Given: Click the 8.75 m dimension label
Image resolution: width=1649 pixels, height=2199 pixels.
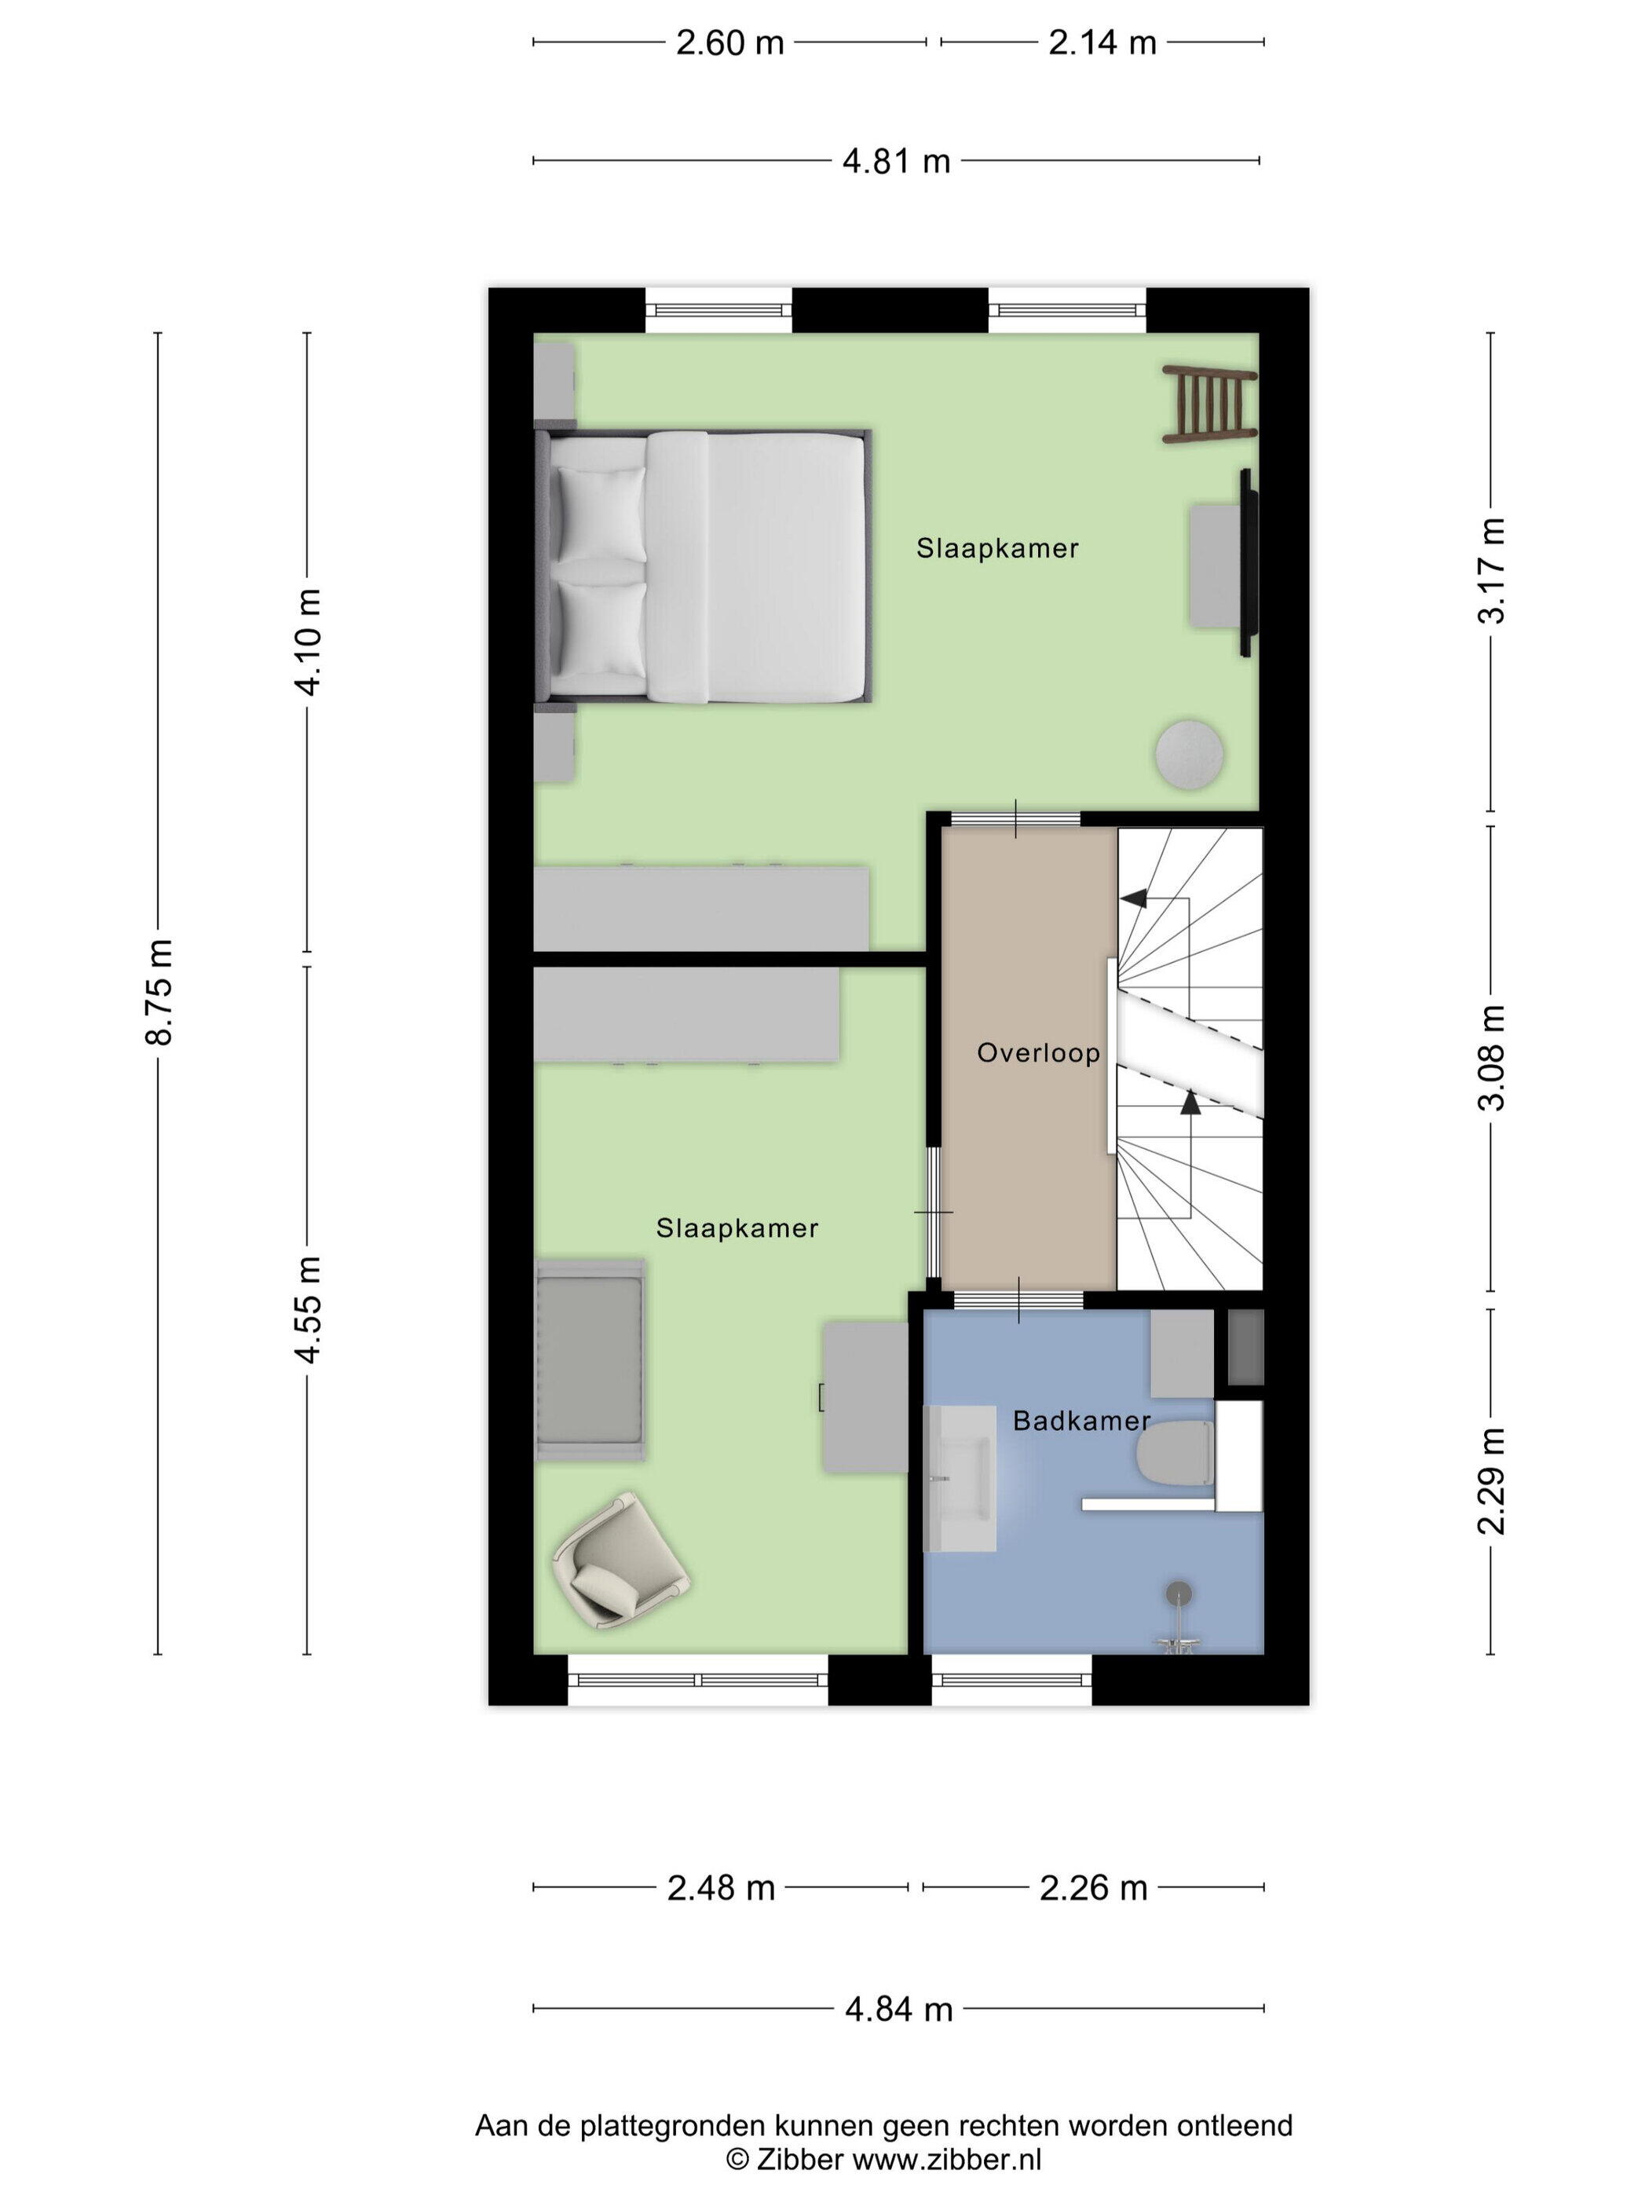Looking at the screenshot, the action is click(x=160, y=991).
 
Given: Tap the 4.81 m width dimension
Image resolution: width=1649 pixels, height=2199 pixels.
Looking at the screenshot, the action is click(x=897, y=161).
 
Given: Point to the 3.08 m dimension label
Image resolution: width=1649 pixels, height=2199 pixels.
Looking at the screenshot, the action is click(x=1491, y=1058).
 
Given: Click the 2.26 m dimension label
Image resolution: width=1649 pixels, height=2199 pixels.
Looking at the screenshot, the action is click(x=1093, y=1887).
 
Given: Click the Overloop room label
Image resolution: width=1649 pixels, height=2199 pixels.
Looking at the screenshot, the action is click(x=1039, y=1053).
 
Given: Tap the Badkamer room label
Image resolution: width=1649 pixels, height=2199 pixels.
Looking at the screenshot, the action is click(x=1081, y=1421).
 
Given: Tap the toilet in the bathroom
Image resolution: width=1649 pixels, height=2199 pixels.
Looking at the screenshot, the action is click(x=1175, y=1458).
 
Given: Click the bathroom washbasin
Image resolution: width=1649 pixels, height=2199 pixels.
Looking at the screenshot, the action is click(x=960, y=1477).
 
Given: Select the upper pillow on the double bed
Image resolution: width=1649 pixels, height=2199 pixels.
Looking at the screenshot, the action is click(x=601, y=513).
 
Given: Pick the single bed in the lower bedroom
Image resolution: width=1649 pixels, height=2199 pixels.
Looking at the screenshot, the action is click(x=590, y=1360).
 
